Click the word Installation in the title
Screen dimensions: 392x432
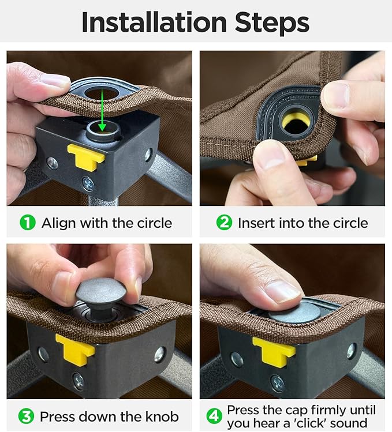point(154,22)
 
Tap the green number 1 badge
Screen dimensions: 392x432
point(28,223)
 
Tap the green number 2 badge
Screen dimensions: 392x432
point(224,223)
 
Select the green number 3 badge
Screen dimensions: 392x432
point(26,416)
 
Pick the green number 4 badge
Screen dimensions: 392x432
point(214,416)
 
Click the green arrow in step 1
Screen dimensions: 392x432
point(102,110)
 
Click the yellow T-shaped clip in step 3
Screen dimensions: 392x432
point(75,350)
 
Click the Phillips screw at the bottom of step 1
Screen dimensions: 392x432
point(88,184)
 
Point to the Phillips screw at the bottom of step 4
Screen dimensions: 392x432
point(278,383)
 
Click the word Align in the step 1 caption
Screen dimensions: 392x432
point(59,223)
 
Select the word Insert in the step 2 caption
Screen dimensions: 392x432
point(256,223)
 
